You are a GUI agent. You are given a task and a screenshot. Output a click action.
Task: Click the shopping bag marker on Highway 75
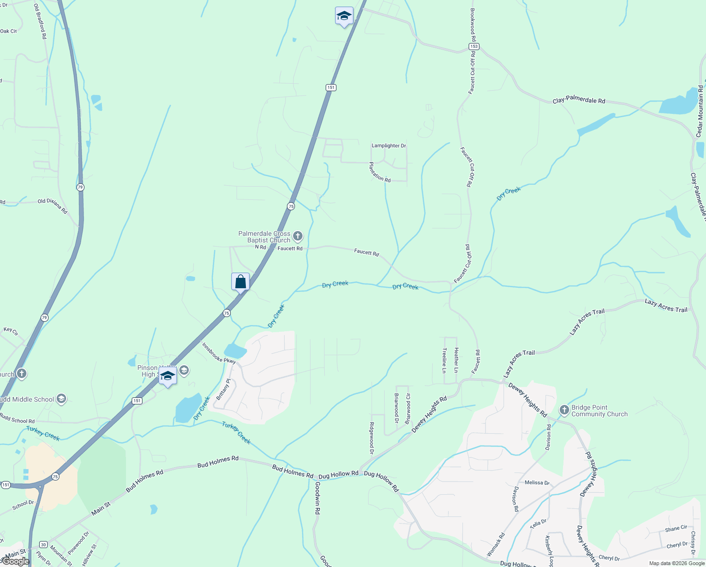click(240, 282)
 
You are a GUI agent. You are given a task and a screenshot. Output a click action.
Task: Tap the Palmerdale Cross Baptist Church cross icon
click(297, 236)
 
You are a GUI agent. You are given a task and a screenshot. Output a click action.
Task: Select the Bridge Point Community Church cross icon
click(564, 410)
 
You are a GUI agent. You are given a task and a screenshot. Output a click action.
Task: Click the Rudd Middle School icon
click(61, 399)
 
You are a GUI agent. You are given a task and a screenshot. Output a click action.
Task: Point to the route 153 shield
click(474, 46)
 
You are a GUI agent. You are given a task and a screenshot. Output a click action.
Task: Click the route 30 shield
click(43, 544)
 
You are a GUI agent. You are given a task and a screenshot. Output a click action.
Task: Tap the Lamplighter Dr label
click(388, 146)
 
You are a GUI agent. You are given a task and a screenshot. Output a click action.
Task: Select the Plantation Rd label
click(379, 172)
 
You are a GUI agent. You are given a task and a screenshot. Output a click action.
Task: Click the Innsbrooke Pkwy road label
click(219, 353)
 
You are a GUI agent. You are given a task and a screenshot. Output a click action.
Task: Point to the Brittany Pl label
click(223, 389)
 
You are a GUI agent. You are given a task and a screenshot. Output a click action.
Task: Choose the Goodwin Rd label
click(318, 498)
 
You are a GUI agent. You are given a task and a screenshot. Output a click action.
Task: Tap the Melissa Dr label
click(537, 482)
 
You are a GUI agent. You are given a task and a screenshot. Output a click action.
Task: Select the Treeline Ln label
click(444, 361)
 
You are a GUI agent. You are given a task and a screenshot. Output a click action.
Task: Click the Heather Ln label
click(456, 360)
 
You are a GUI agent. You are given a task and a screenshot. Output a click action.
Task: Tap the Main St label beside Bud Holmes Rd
click(101, 508)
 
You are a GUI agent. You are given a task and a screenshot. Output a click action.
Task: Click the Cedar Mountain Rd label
click(700, 112)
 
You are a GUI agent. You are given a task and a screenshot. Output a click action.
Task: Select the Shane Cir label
click(676, 529)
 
